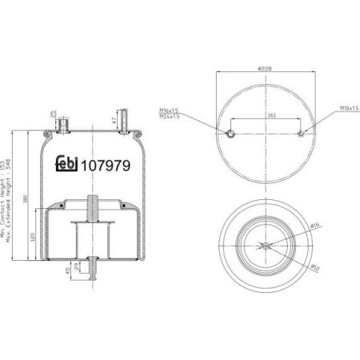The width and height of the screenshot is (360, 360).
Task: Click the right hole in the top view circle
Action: pyautogui.click(x=302, y=134)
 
